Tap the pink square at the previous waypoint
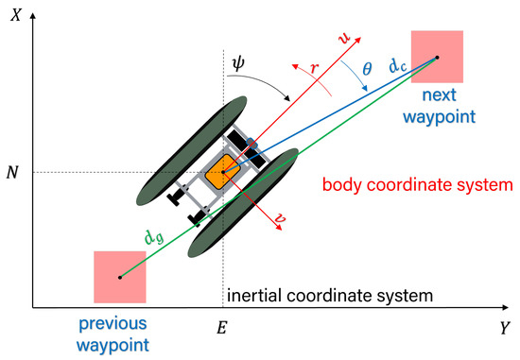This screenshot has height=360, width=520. [120, 277]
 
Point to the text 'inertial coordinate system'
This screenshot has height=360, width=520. [329, 296]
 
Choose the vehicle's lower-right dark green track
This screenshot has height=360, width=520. [244, 206]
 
